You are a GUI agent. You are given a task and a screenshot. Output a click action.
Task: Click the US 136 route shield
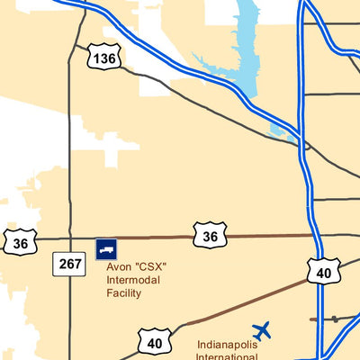[x=104, y=58]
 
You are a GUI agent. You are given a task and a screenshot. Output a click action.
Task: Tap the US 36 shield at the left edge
[x=20, y=243]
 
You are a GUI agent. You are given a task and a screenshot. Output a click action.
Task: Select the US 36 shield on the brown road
[x=209, y=237]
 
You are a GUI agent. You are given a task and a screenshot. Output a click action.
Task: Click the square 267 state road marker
[x=70, y=265]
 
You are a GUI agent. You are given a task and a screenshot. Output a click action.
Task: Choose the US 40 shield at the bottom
[x=154, y=342]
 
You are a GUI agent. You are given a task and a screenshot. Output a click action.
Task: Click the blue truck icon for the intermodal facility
[x=106, y=248]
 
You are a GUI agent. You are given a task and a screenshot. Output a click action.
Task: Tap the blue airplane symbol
[x=262, y=331]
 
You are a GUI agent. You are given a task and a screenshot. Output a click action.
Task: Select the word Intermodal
[x=134, y=280]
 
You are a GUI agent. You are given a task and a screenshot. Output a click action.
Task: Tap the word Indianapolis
[x=228, y=345]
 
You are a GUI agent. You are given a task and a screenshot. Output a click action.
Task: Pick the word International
[x=228, y=356]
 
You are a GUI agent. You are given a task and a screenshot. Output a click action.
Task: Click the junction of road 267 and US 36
[x=69, y=238]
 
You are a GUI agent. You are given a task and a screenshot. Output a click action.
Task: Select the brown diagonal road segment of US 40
[x=243, y=303]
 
